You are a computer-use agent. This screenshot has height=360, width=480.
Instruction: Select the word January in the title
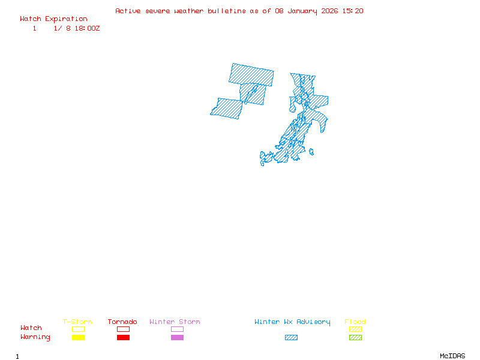(x=301, y=11)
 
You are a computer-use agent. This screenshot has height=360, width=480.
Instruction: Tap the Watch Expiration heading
(x=53, y=19)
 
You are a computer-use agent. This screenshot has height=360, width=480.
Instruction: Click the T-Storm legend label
(x=77, y=322)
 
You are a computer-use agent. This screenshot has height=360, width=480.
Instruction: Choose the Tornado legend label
(x=122, y=322)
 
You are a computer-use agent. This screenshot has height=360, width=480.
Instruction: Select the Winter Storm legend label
(x=175, y=322)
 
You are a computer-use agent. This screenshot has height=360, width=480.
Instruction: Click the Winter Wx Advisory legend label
(x=292, y=322)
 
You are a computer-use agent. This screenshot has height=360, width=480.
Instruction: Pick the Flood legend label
(x=355, y=322)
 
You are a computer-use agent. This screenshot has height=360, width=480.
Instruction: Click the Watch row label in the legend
(x=31, y=328)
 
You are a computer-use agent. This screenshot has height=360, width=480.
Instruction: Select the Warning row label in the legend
(x=35, y=337)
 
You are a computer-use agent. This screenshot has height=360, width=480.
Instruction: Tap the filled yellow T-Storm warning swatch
(x=78, y=338)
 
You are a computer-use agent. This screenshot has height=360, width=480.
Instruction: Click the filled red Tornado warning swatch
(x=123, y=338)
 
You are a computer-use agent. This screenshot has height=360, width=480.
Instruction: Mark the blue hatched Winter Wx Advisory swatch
(x=291, y=338)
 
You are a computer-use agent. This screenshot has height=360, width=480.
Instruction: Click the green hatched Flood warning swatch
(x=355, y=338)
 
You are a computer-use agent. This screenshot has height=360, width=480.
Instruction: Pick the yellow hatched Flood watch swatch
(x=355, y=329)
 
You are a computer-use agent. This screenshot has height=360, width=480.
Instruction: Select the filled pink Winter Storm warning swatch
(x=177, y=338)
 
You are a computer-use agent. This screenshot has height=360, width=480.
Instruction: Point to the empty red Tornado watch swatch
(x=123, y=329)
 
